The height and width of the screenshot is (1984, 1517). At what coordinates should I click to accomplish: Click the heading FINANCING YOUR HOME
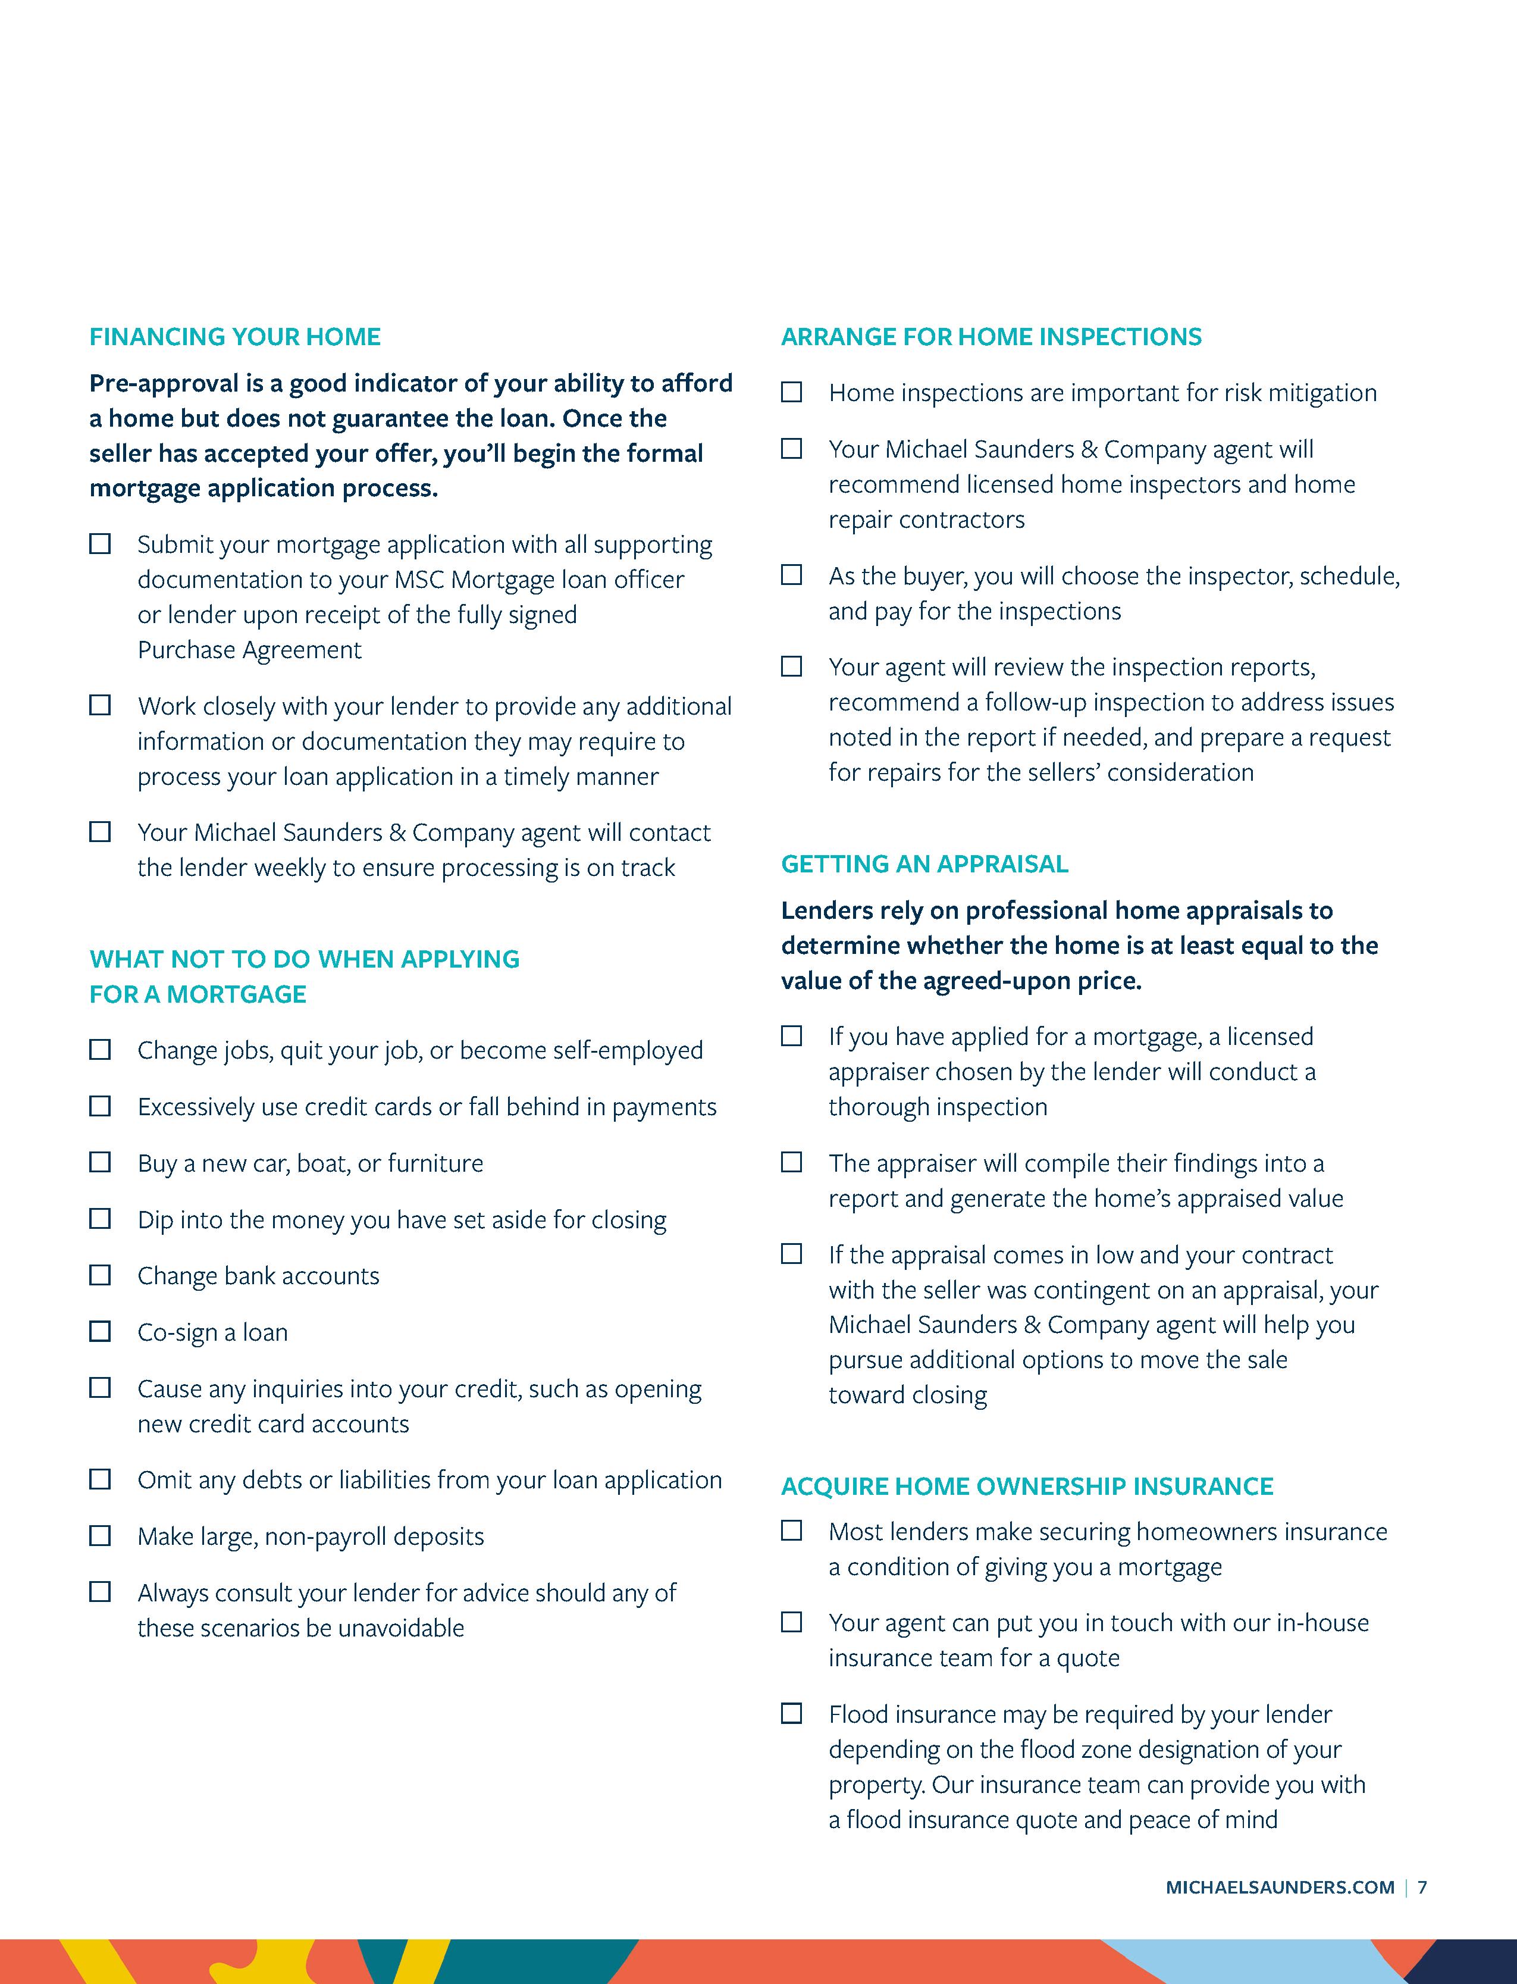(235, 337)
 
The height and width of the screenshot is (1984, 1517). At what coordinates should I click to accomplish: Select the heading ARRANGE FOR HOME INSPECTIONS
(991, 337)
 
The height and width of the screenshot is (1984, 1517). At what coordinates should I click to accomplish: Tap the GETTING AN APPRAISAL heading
(924, 864)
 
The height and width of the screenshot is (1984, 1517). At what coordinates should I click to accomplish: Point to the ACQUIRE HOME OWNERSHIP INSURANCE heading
(1027, 1487)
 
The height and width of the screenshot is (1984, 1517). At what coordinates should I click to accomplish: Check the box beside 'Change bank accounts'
(100, 1275)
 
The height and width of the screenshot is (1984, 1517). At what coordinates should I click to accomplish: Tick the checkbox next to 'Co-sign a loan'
(100, 1331)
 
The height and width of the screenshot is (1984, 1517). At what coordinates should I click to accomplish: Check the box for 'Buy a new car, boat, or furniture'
(100, 1162)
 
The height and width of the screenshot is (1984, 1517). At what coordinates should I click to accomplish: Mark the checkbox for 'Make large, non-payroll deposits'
(100, 1535)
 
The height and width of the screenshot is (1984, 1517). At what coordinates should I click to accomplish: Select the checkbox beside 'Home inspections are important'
(792, 392)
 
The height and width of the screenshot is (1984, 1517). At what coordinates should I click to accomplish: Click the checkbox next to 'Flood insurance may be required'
(792, 1713)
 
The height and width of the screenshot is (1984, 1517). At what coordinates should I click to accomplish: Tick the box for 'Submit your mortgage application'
(100, 544)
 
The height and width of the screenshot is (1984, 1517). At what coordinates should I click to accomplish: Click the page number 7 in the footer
(1422, 1913)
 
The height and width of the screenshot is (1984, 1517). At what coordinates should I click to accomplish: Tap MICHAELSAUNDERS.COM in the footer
(1280, 1913)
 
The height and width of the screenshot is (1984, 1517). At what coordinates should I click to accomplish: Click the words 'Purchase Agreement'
(249, 650)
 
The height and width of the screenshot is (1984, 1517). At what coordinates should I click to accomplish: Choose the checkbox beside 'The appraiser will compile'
(792, 1162)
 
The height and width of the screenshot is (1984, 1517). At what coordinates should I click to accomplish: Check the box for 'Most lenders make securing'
(792, 1531)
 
